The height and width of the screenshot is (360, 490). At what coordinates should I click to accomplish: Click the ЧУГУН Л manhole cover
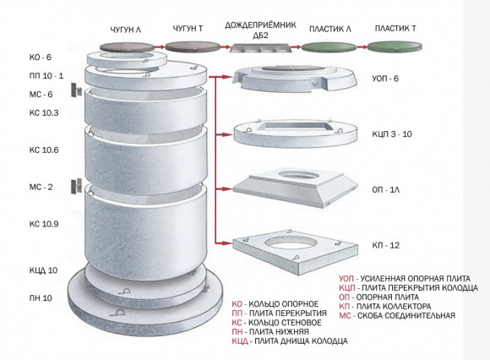[x=127, y=47]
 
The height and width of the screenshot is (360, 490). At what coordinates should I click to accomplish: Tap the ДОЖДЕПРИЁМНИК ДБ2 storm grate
[x=261, y=48]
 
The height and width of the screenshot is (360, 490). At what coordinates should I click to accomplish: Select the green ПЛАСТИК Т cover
[x=395, y=46]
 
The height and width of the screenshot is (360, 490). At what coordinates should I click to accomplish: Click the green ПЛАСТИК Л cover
[x=329, y=47]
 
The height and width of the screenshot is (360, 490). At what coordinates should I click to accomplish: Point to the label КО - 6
[x=40, y=57]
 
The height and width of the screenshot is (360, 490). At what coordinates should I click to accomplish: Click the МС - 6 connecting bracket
[x=76, y=90]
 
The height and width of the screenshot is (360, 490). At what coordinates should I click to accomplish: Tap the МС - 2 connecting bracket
[x=76, y=187]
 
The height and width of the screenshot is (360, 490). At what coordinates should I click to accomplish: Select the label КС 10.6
[x=44, y=150]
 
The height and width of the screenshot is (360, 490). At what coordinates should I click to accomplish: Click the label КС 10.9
[x=44, y=224]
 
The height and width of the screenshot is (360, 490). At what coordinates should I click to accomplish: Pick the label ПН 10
[x=41, y=298]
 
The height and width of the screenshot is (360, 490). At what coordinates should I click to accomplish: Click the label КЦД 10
[x=43, y=270]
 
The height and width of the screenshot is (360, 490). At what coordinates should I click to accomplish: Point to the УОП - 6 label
[x=385, y=79]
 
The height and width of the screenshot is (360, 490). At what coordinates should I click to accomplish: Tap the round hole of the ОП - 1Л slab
[x=297, y=174]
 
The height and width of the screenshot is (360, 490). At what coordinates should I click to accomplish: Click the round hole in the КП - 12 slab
[x=288, y=243]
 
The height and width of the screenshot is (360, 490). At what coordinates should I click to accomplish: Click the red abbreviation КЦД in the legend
[x=240, y=341]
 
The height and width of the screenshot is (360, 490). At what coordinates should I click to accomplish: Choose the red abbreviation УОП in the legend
[x=347, y=278]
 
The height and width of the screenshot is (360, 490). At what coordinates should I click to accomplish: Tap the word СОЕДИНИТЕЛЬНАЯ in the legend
[x=406, y=315]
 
